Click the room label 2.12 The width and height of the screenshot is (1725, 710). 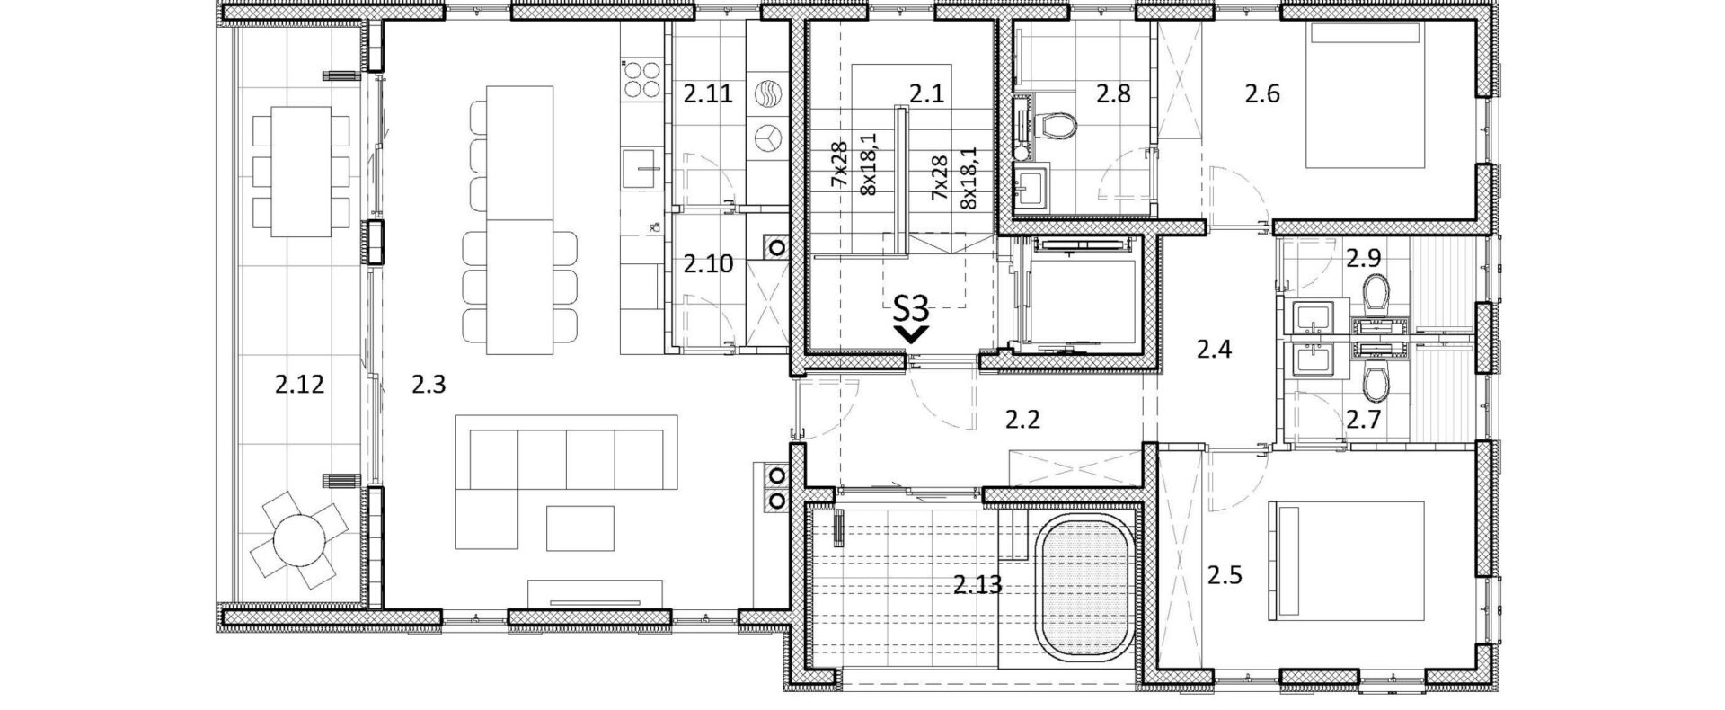(x=299, y=386)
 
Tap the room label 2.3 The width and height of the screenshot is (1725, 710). (x=429, y=386)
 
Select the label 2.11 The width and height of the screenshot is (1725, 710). (x=708, y=93)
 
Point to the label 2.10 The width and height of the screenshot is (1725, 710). (x=708, y=264)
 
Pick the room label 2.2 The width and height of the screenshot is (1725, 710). (x=1022, y=419)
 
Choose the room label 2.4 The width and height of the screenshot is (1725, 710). (x=1214, y=349)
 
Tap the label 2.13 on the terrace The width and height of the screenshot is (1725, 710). (x=977, y=587)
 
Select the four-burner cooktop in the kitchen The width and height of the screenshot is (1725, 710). (x=639, y=78)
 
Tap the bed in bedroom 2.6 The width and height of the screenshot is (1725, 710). (x=1366, y=95)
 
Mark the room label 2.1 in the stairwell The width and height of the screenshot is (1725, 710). (x=926, y=93)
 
